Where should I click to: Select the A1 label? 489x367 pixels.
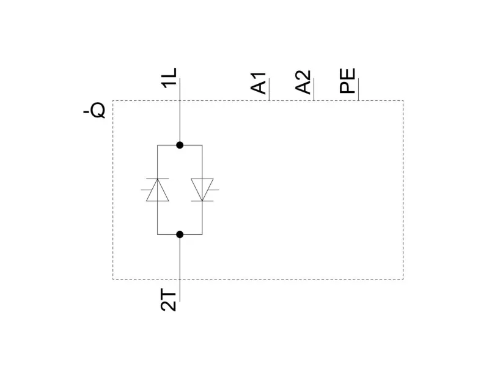[260, 83]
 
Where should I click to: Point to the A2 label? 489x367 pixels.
[304, 82]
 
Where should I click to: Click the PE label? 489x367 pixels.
[348, 81]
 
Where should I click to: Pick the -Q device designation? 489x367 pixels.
[95, 111]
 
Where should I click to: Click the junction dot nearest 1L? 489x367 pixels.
[180, 145]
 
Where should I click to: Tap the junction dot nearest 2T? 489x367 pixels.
[180, 234]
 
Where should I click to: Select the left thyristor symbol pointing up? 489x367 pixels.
[158, 190]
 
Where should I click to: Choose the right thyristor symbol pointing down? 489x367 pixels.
[202, 190]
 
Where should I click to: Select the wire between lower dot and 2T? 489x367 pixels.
[180, 269]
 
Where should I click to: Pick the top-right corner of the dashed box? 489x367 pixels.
[403, 101]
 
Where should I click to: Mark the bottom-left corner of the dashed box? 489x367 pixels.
[113, 279]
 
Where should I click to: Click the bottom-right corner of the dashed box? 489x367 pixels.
[403, 279]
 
